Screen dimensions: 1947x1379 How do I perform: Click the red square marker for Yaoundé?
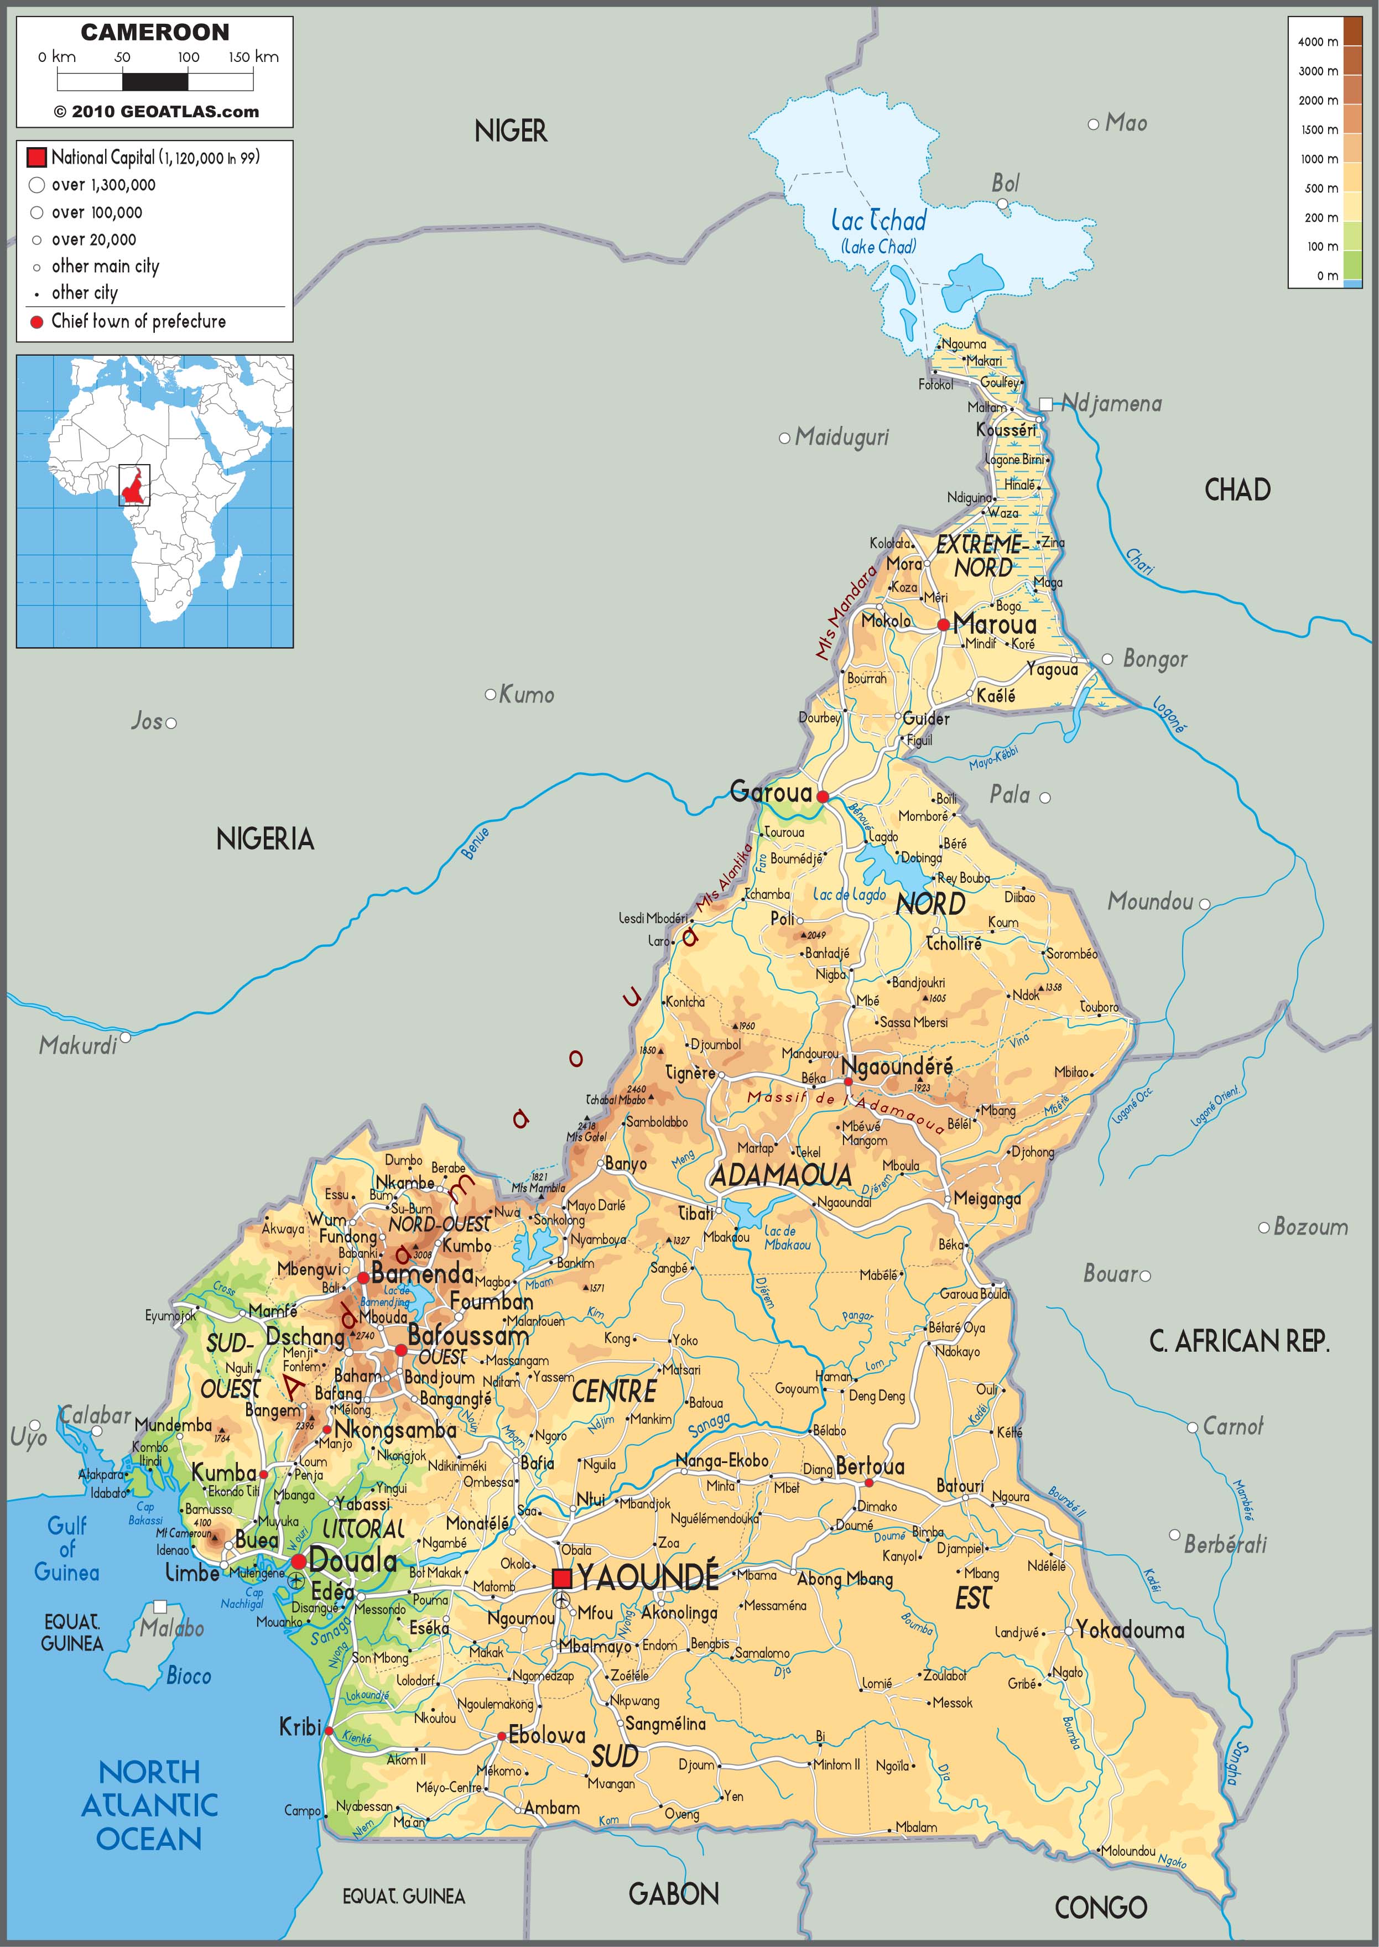coord(561,1579)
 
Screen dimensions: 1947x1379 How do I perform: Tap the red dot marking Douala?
coord(298,1561)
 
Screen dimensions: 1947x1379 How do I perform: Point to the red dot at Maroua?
coord(943,625)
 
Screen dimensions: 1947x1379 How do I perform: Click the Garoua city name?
coord(771,792)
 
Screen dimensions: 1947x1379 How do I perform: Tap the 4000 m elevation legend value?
coord(1317,41)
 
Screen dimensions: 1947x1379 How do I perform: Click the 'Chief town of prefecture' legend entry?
coord(138,321)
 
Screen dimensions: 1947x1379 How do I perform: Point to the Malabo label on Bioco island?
coord(173,1628)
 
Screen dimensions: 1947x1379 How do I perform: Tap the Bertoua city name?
coord(870,1466)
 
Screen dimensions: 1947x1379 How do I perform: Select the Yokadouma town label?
coord(1130,1630)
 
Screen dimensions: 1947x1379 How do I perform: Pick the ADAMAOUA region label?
coord(780,1175)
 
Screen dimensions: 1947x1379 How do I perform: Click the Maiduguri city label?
coord(841,438)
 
